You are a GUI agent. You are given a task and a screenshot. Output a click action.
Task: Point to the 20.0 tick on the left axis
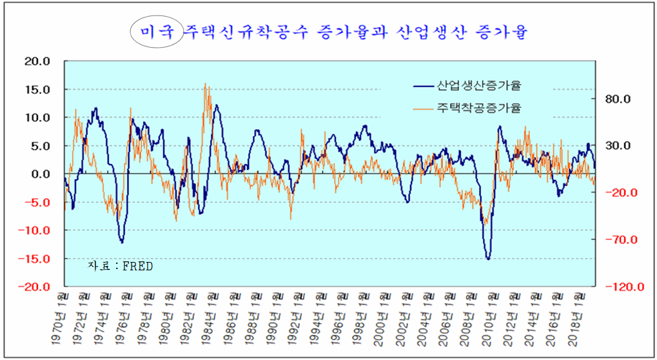coord(37,61)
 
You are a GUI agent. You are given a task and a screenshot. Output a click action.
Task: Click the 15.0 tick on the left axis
coord(37,90)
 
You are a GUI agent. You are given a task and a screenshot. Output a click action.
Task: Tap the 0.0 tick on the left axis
coord(40,174)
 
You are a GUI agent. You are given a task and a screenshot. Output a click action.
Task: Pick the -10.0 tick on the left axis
coord(36,231)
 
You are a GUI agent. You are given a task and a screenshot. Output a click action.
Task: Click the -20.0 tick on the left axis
coord(36,287)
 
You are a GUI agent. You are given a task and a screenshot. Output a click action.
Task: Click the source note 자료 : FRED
coord(121,266)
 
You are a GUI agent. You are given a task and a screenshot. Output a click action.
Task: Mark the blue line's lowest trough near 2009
coord(488,259)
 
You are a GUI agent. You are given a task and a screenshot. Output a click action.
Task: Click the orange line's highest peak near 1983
coord(205,83)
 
